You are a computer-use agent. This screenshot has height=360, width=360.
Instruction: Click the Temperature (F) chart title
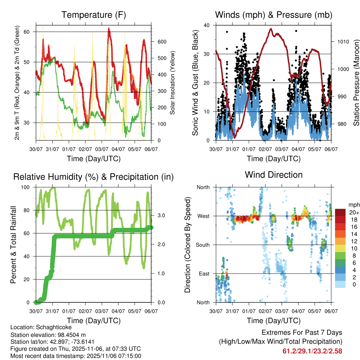click(x=94, y=15)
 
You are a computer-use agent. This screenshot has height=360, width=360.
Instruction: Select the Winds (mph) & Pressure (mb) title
click(x=274, y=15)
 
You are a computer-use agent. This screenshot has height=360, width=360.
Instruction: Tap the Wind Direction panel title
click(x=274, y=175)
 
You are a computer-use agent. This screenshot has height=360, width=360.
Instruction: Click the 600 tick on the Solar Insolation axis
click(x=162, y=42)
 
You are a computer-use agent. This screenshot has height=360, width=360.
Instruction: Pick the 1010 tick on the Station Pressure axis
click(x=342, y=41)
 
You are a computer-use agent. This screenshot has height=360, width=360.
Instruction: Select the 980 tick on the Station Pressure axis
click(x=341, y=124)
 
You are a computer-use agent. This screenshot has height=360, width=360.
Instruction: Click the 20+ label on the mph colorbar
click(x=354, y=212)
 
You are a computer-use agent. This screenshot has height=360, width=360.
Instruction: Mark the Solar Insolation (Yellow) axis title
click(x=173, y=83)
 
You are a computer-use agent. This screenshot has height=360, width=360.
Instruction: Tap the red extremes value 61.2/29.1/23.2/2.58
click(x=312, y=351)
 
